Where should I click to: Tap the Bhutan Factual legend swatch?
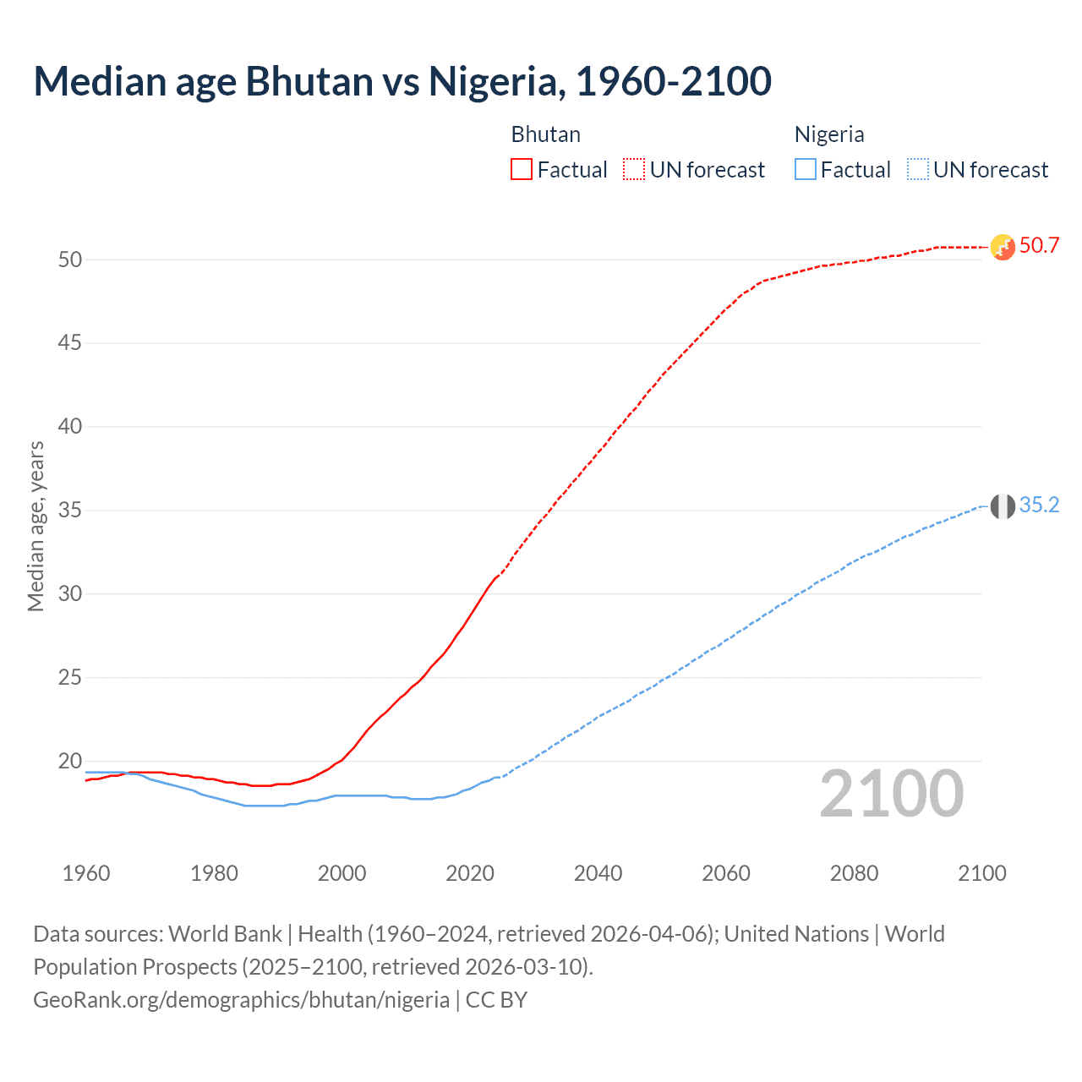pos(522,169)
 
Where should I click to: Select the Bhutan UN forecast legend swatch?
pos(634,169)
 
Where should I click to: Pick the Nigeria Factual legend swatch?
pos(806,169)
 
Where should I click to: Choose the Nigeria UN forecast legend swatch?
pos(918,169)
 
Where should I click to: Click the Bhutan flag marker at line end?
pos(1003,247)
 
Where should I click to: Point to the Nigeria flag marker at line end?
pos(1003,506)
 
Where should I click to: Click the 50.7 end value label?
pos(1039,246)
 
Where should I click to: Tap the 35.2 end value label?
pos(1039,505)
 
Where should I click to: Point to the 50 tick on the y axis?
pos(70,260)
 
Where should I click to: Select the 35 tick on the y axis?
pos(70,511)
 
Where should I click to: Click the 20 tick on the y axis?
pos(70,762)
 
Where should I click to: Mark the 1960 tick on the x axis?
pos(86,873)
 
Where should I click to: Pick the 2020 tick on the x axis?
pos(470,873)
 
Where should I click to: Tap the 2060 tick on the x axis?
pos(726,873)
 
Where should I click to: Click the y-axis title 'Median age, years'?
pos(36,526)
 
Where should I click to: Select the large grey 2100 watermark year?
pos(891,794)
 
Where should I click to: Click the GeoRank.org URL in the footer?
pos(241,1000)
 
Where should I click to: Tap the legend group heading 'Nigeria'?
pos(829,134)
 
